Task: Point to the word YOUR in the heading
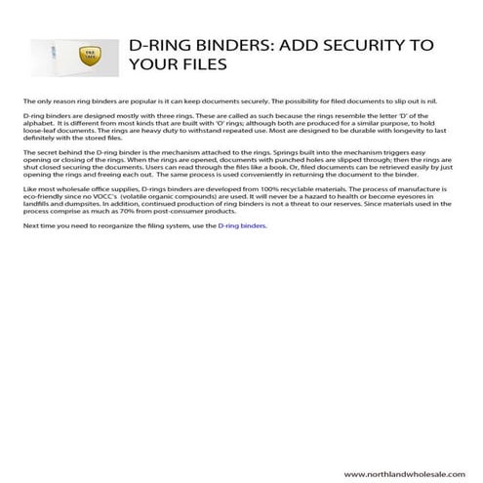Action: (147, 65)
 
